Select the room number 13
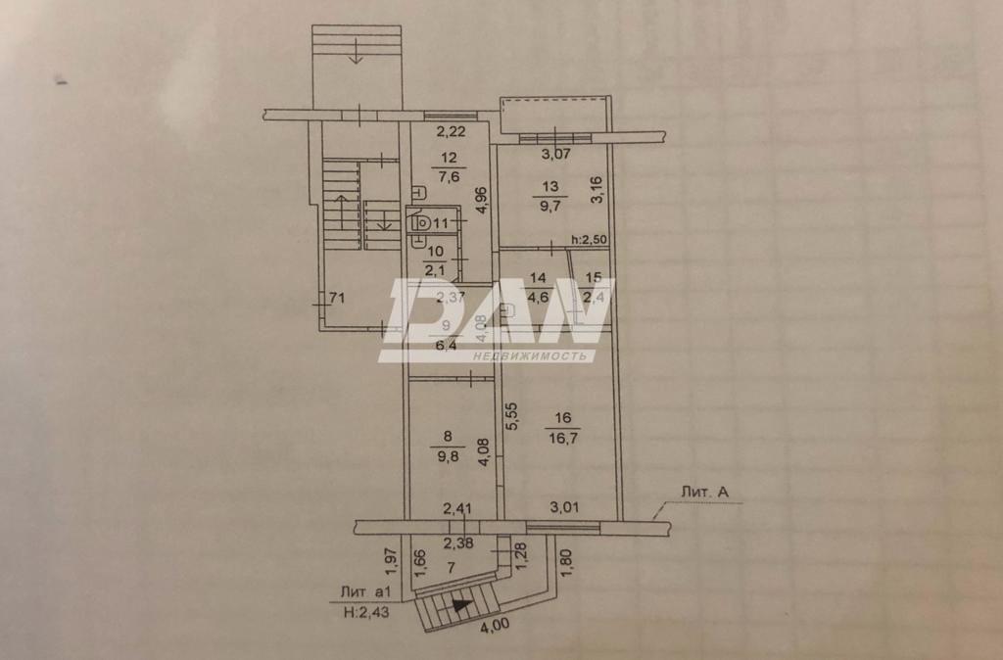(551, 187)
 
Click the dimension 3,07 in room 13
(556, 154)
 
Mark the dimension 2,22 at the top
(451, 133)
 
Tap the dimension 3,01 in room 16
(565, 507)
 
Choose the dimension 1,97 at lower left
(389, 560)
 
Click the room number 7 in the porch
(452, 567)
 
